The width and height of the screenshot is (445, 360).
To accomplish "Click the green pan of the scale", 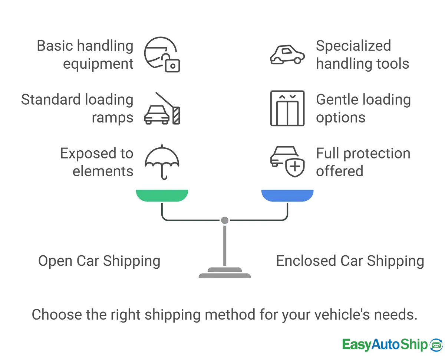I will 162,195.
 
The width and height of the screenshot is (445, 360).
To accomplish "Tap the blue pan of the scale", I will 287,195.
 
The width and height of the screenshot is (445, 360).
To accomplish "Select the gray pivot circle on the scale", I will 224,220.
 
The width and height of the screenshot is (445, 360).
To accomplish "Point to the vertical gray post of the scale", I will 224,245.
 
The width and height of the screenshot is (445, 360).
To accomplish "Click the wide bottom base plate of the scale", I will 225,275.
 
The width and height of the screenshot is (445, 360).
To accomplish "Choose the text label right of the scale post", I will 349,261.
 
